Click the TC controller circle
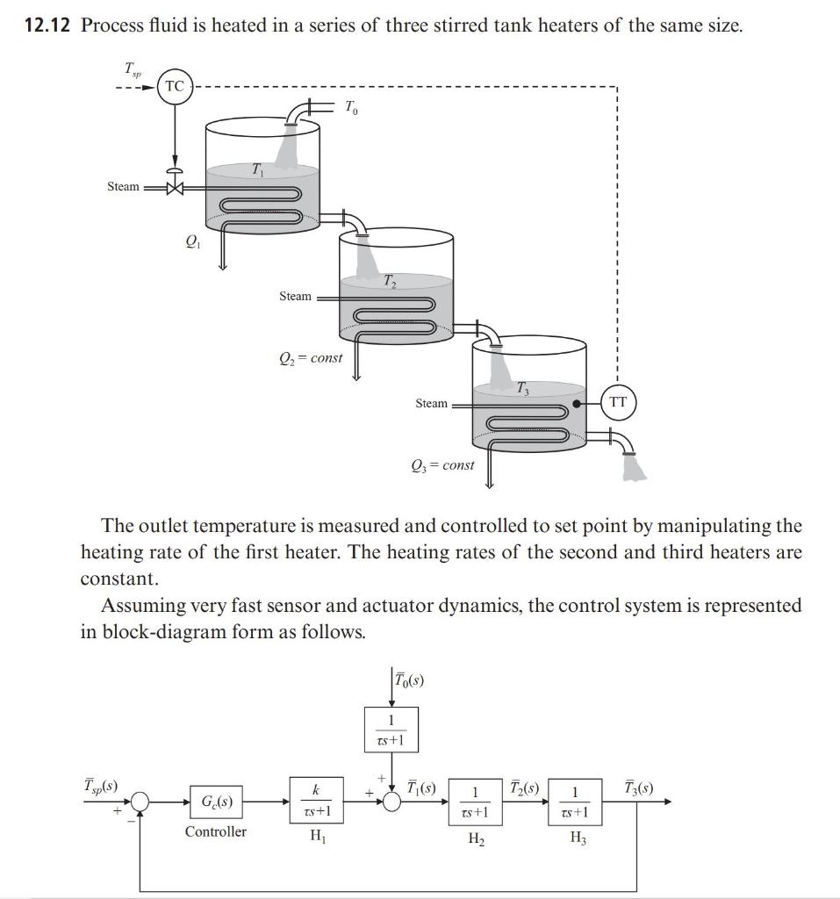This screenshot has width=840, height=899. (175, 86)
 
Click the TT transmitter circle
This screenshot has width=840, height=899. (619, 402)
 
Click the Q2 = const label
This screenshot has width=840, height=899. (310, 357)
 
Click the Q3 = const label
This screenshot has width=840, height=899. (442, 464)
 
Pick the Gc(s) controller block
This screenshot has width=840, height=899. (216, 801)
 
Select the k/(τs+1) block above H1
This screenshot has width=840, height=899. (314, 801)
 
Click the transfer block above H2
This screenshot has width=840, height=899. (475, 802)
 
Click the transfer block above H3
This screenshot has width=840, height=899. (575, 802)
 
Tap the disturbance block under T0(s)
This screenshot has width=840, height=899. (391, 730)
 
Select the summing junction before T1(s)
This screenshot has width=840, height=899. (391, 801)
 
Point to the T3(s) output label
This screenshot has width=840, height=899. (640, 786)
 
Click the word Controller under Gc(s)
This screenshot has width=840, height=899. (216, 831)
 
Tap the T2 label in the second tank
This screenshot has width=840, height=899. (390, 282)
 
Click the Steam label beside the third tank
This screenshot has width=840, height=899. (431, 403)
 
